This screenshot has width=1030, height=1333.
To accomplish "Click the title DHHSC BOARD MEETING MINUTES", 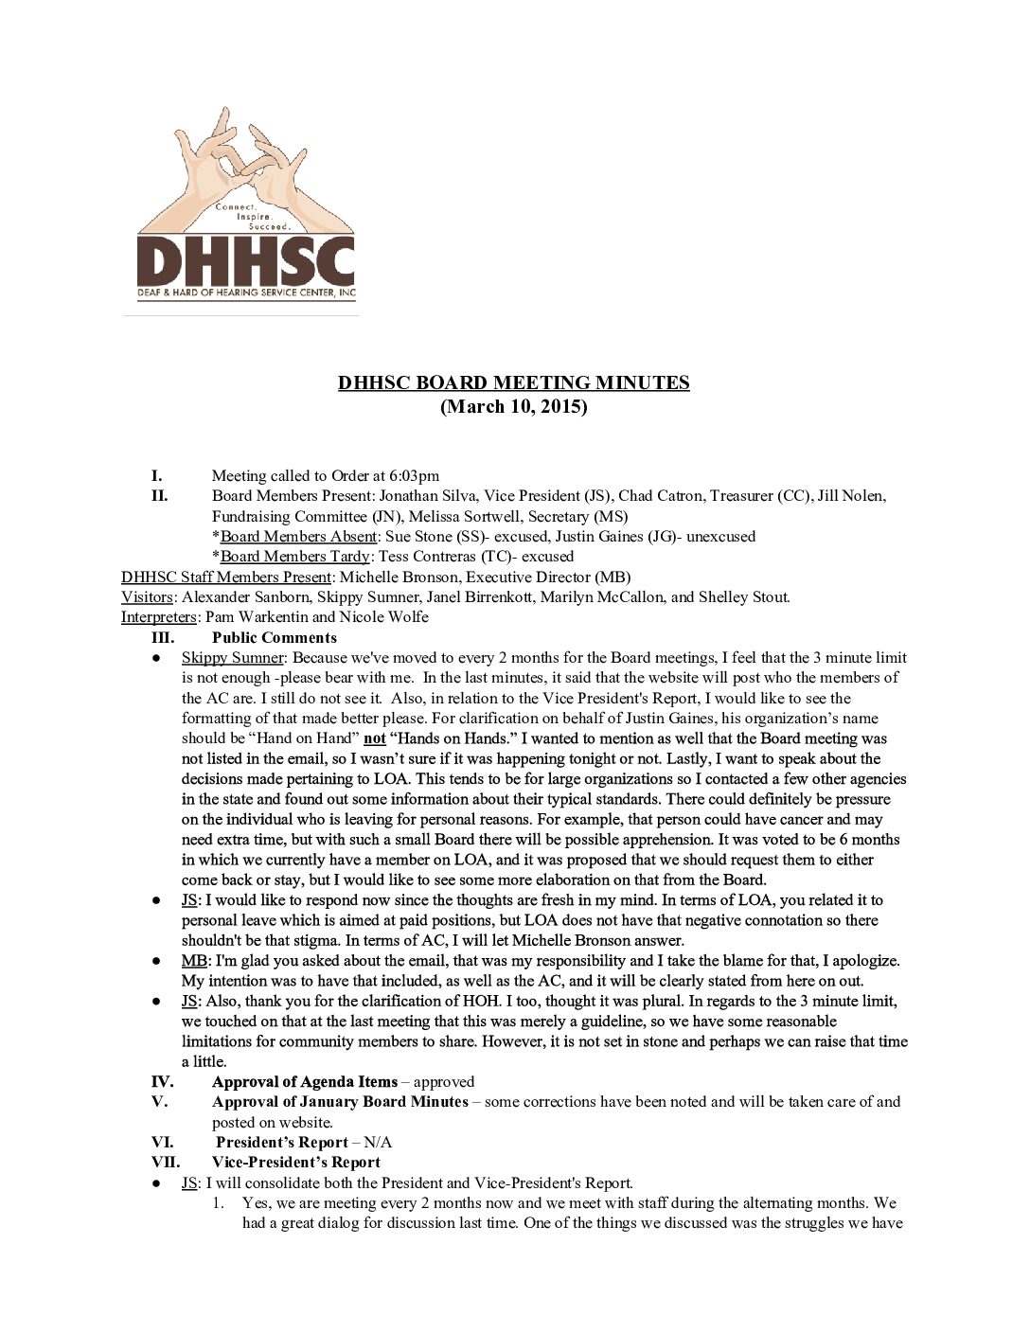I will coord(514,383).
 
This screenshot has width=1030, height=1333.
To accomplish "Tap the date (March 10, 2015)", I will coord(514,407).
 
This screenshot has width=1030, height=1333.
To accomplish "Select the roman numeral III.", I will coord(162,638).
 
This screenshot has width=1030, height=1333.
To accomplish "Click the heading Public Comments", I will coord(275,638).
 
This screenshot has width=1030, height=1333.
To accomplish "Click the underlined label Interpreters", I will coord(159,617).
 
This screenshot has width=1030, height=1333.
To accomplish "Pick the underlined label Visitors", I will coord(147,597).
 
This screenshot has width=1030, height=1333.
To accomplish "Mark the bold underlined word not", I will coord(375,738).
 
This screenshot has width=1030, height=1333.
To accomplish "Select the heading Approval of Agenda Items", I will coord(305,1082).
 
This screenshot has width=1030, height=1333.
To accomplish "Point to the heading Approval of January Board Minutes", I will coord(340,1102).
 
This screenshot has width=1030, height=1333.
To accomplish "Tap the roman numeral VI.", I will coord(162,1143).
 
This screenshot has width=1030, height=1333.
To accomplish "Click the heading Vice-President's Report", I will coord(296,1163).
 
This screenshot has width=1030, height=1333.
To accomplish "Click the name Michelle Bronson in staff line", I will coord(399,578).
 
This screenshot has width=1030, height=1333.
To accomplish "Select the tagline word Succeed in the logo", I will coord(269,227).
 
